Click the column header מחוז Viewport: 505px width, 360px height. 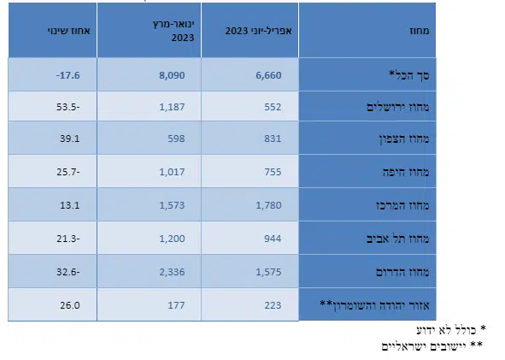420,31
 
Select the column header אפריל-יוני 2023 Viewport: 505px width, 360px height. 258,31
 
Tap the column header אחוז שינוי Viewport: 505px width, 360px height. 69,31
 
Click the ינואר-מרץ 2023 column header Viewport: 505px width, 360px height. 174,31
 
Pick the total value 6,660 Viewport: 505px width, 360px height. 268,75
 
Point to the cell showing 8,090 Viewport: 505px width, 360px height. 172,75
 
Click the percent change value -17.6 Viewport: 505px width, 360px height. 68,75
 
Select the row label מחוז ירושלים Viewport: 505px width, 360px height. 398,107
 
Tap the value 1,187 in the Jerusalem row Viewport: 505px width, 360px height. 172,107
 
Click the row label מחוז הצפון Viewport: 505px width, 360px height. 404,139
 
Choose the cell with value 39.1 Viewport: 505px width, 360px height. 69,139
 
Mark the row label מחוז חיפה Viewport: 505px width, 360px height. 406,172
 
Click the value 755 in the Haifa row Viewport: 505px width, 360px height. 273,172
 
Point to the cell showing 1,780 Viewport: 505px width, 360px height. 268,205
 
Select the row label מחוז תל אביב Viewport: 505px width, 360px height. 398,239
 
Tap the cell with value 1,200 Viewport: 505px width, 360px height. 172,239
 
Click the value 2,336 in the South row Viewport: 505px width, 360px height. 172,272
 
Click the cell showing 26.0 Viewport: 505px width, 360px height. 70,305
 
